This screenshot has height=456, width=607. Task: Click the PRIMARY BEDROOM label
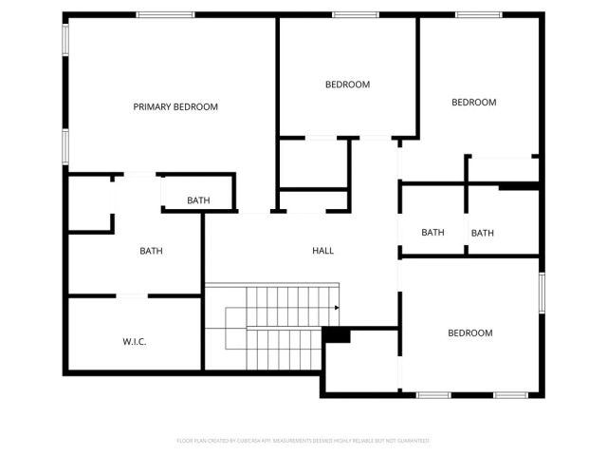(175, 106)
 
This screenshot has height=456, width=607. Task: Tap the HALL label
(323, 251)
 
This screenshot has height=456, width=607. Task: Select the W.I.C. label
(134, 341)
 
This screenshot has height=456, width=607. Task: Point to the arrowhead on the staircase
(338, 307)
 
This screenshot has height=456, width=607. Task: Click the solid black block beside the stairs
(337, 335)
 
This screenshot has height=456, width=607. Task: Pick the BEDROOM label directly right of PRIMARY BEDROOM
(347, 85)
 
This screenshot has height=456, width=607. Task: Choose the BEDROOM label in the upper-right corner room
(473, 103)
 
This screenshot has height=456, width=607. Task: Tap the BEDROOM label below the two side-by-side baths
(470, 332)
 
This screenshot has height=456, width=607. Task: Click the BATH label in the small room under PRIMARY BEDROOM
(198, 200)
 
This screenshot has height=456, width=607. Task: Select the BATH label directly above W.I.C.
(151, 251)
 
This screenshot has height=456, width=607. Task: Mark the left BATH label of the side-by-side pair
(432, 233)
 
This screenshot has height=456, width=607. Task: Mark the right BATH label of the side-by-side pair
(483, 233)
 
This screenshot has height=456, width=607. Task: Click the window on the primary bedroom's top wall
(165, 14)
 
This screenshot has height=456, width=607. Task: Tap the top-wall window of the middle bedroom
(356, 14)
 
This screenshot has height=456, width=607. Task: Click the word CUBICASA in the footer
(249, 441)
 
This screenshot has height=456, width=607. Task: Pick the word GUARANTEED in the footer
(412, 441)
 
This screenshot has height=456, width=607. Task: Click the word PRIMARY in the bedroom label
(152, 106)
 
